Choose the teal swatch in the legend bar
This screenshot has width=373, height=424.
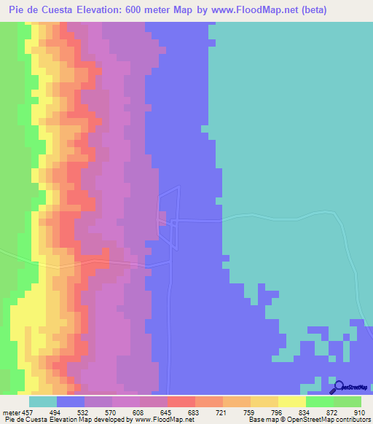(x=43, y=401)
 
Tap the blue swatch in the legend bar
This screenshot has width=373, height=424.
(x=71, y=401)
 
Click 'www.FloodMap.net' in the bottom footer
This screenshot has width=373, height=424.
(x=163, y=420)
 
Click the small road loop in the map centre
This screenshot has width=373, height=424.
(x=169, y=218)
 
